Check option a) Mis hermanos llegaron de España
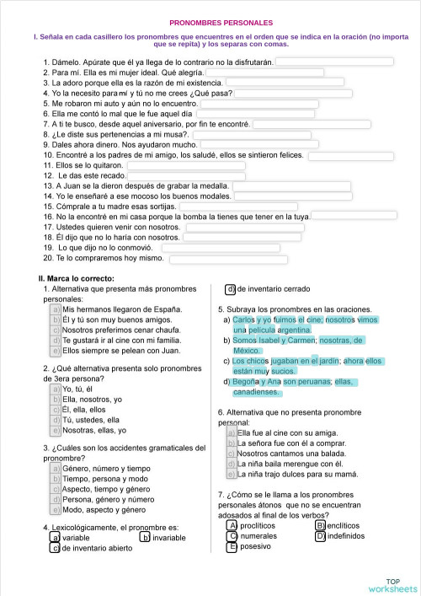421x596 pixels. click(56, 309)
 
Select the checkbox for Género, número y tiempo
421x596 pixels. click(56, 468)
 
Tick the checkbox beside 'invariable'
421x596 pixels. click(146, 537)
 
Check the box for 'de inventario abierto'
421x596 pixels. click(56, 547)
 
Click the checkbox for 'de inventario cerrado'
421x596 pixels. click(230, 289)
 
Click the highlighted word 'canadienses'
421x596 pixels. click(256, 392)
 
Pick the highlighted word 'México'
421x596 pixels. click(247, 350)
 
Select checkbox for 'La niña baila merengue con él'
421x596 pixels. click(231, 464)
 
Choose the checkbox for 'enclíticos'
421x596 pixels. click(320, 525)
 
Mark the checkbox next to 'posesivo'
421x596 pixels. click(232, 546)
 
